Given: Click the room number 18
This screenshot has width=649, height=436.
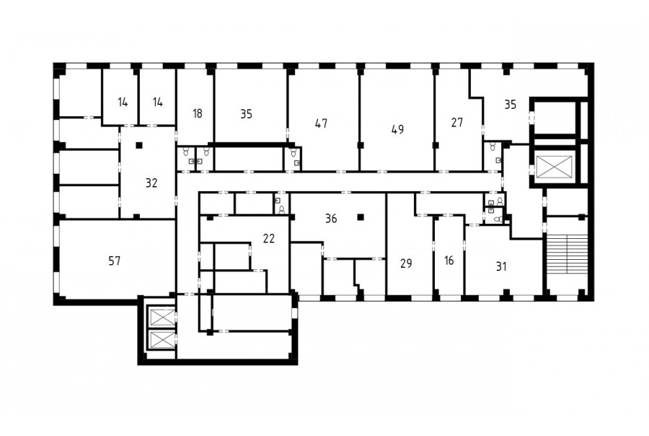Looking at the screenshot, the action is (198, 113).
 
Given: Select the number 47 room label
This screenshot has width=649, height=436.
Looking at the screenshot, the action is (321, 123).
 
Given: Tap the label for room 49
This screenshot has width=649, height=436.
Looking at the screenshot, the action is (397, 129).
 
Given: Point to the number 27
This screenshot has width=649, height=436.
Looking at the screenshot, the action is (457, 122).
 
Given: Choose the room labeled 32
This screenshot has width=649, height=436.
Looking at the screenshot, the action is (151, 183).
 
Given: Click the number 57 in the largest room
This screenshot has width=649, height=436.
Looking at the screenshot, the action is (114, 261).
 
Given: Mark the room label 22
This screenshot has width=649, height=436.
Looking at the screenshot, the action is (269, 238).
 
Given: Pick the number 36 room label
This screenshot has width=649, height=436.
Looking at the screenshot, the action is (331, 219).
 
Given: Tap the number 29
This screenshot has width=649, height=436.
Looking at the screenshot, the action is (406, 263).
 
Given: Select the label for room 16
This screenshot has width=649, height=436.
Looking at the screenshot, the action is (449, 261).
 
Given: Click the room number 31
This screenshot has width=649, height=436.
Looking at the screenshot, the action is (501, 266).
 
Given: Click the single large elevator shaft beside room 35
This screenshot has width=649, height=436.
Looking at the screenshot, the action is (555, 167).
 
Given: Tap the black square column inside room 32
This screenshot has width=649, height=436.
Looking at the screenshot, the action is (139, 145).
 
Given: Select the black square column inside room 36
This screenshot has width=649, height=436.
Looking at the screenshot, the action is (361, 217).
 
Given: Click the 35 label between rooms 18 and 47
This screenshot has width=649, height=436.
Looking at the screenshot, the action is (247, 114).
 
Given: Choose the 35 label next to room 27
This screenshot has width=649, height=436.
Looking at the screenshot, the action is (511, 105).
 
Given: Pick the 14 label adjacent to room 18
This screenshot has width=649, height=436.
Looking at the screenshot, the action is (158, 102).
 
